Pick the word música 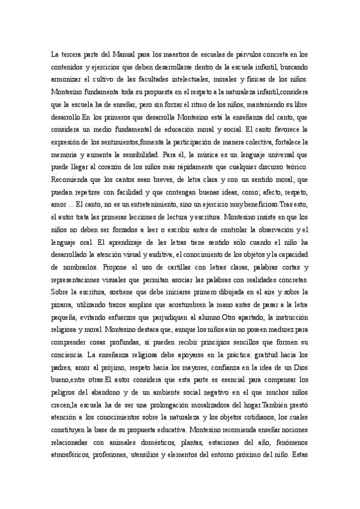179,153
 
